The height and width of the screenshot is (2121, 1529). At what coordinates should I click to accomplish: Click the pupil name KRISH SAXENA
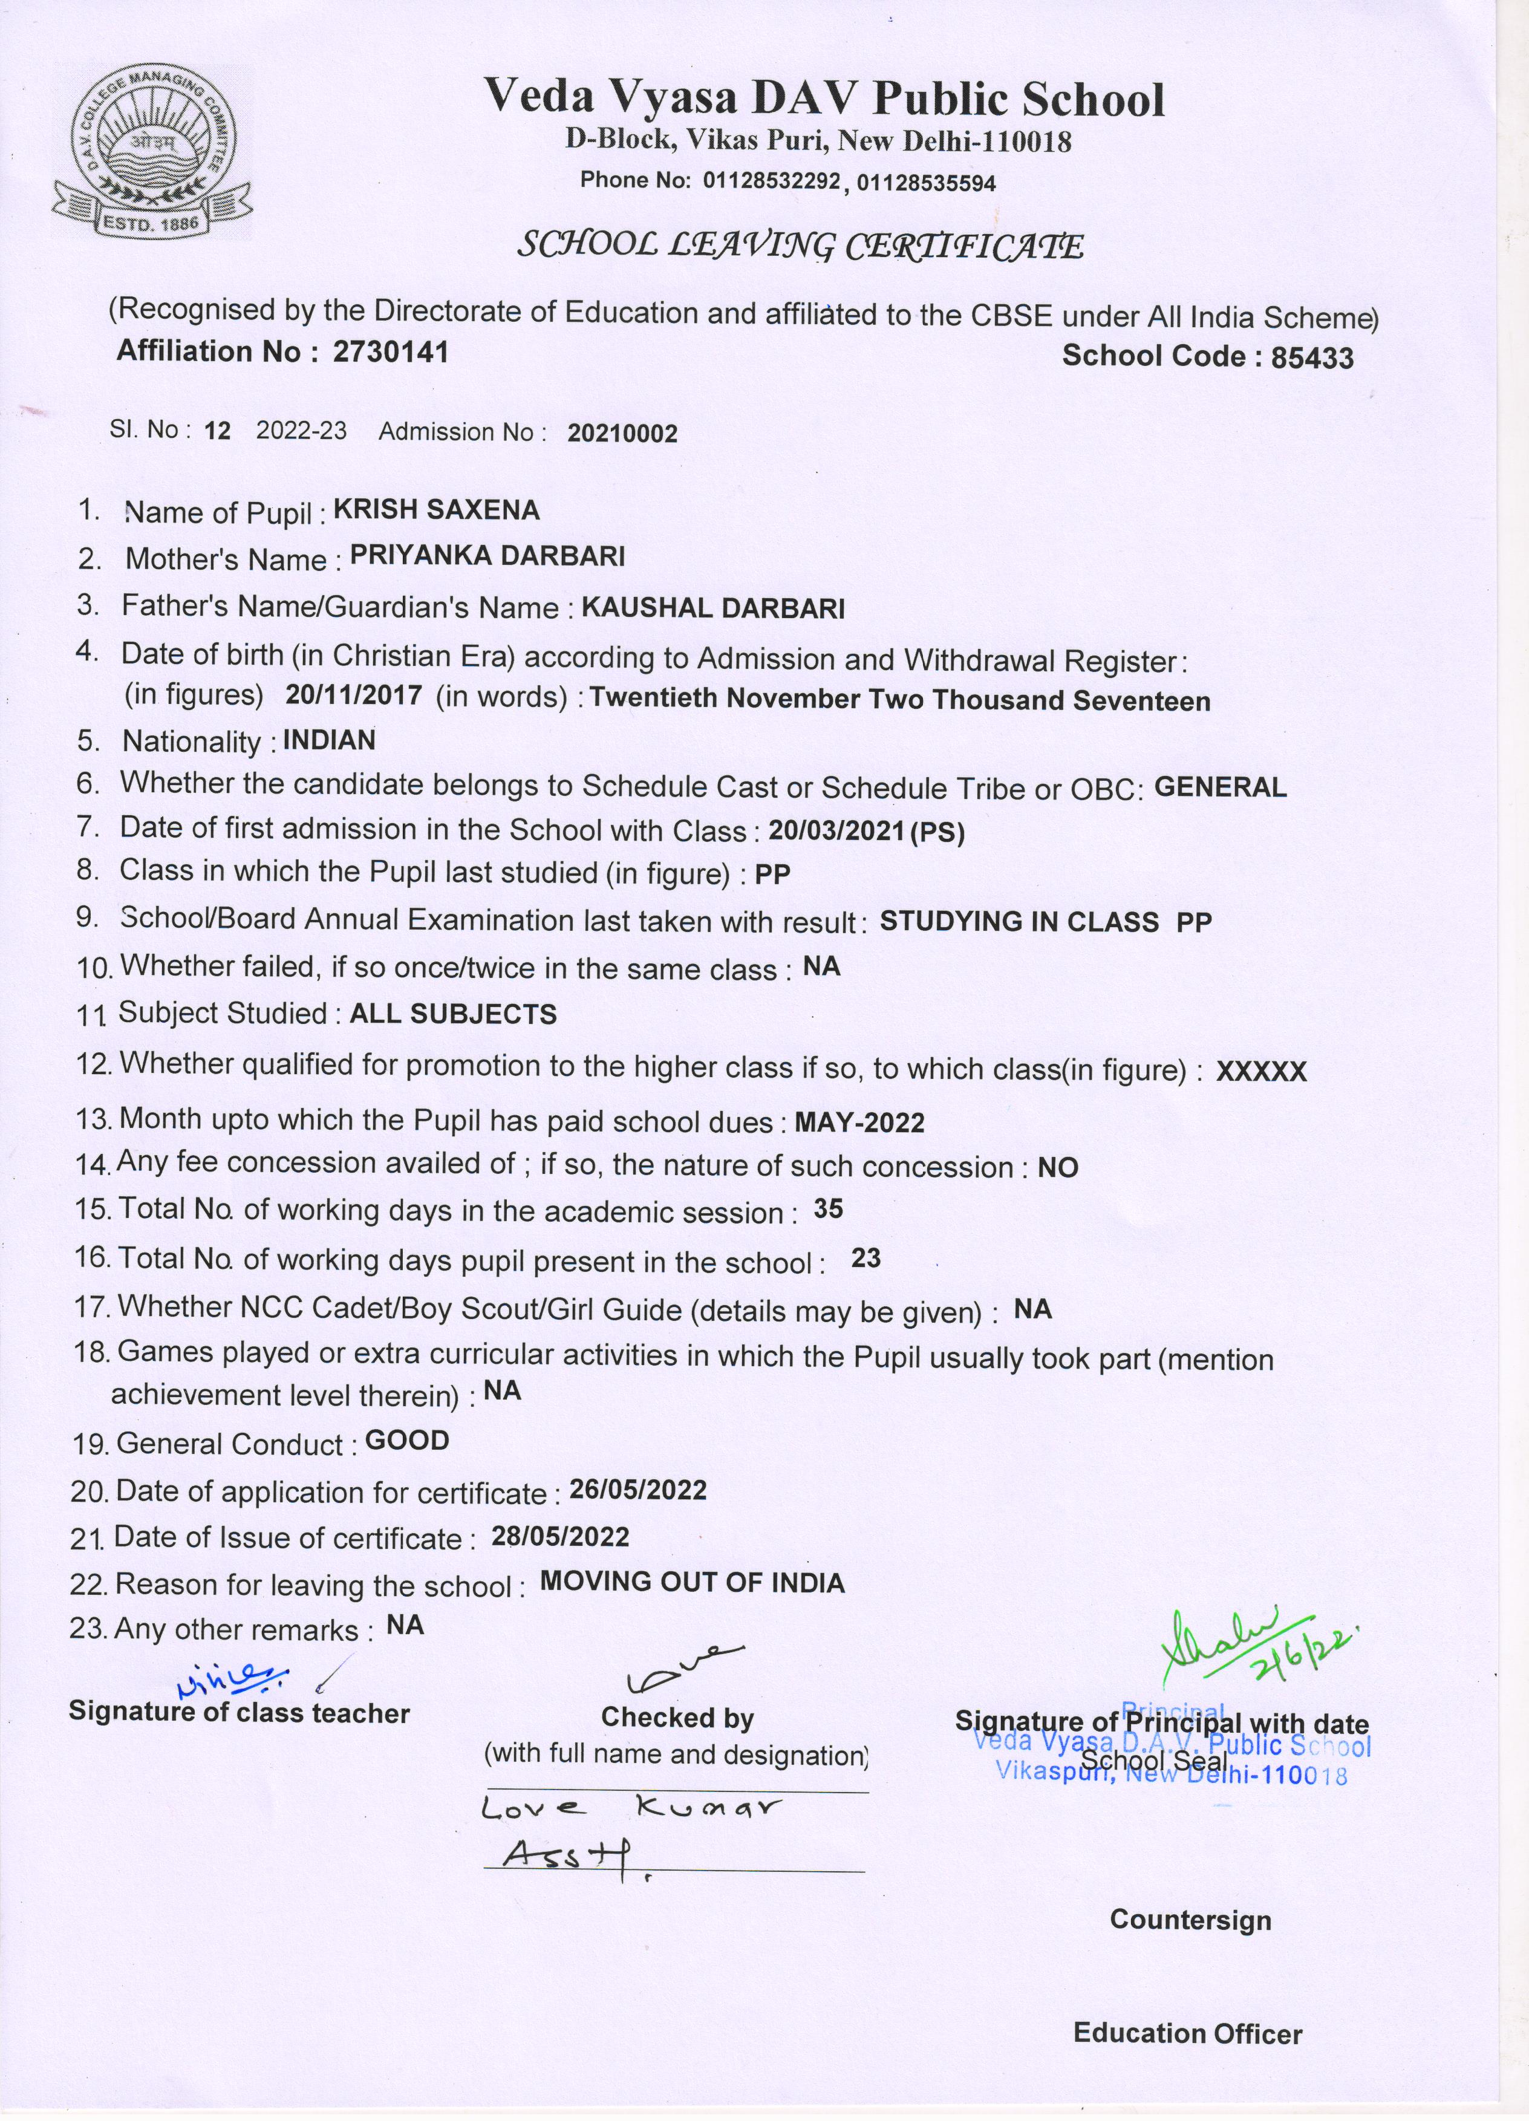[436, 510]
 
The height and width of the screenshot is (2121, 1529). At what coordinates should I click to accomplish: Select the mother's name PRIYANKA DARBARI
[487, 556]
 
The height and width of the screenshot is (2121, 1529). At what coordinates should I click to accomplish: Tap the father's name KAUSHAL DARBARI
[712, 609]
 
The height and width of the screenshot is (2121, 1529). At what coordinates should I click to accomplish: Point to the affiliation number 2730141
[390, 351]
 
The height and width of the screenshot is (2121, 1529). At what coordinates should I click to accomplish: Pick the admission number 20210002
[622, 433]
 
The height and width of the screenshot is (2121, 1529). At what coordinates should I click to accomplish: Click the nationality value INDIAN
[329, 741]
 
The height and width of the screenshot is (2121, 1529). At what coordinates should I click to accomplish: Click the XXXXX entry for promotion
[1260, 1072]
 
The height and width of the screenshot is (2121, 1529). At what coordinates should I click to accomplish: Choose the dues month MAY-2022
[858, 1122]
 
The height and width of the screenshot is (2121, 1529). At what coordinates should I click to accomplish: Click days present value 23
[866, 1259]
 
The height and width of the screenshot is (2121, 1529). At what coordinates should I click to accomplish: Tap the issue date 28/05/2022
[560, 1537]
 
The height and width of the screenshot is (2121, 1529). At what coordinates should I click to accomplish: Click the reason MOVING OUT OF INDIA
[692, 1582]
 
